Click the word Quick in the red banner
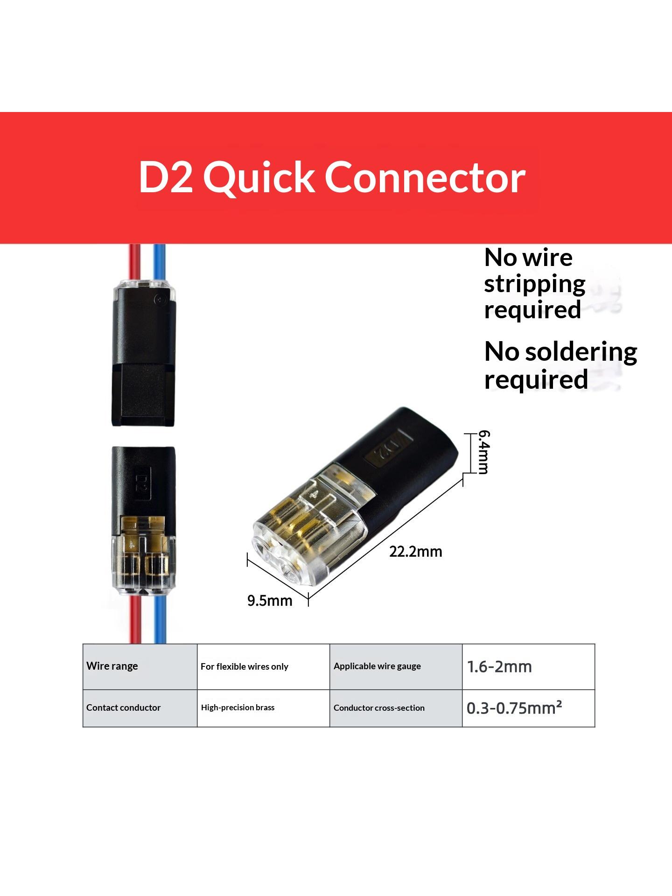pos(259,179)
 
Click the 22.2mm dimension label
pos(416,552)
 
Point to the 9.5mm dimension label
pos(270,601)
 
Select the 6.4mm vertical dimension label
pos(484,452)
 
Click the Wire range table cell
pos(140,666)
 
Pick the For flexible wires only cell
pos(264,666)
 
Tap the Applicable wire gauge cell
pos(396,666)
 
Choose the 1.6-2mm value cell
pos(529,666)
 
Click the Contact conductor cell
pos(140,708)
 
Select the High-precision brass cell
pos(264,708)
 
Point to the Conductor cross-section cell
pos(396,708)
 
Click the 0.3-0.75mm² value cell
pos(529,708)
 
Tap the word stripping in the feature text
pos(535,284)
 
